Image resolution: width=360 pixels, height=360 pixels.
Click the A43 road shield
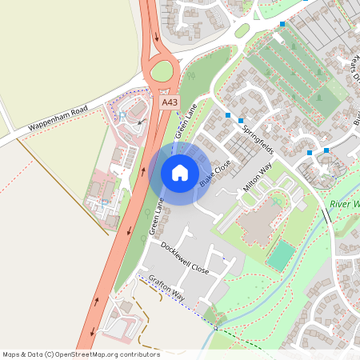(x=169, y=102)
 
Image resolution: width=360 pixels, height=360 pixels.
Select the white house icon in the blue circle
(x=180, y=173)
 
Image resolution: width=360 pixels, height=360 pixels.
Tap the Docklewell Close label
(x=185, y=258)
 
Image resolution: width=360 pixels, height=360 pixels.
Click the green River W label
(x=344, y=205)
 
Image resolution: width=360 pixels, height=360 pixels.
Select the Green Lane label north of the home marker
(x=186, y=119)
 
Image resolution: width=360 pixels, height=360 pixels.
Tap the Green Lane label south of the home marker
(x=156, y=216)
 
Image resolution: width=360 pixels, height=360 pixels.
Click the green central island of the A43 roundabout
(x=162, y=72)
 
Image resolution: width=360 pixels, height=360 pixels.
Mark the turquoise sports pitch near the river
(x=280, y=255)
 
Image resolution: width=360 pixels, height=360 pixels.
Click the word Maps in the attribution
(x=11, y=354)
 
